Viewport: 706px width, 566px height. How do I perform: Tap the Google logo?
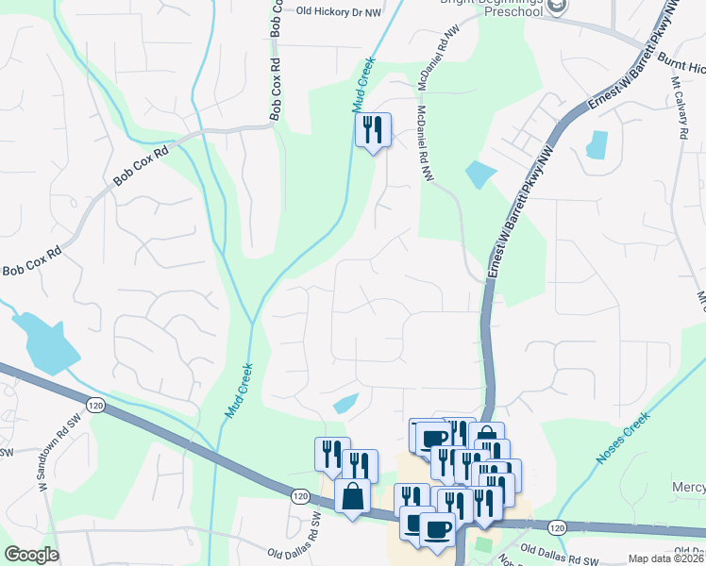point(31,555)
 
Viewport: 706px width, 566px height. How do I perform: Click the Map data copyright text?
point(666,558)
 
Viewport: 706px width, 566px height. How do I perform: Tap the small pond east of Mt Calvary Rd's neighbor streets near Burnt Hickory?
point(597,144)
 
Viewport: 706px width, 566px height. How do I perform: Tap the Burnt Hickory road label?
point(682,68)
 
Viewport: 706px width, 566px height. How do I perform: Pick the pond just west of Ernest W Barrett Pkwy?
point(480,175)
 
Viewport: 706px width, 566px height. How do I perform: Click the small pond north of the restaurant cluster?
point(345,404)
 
